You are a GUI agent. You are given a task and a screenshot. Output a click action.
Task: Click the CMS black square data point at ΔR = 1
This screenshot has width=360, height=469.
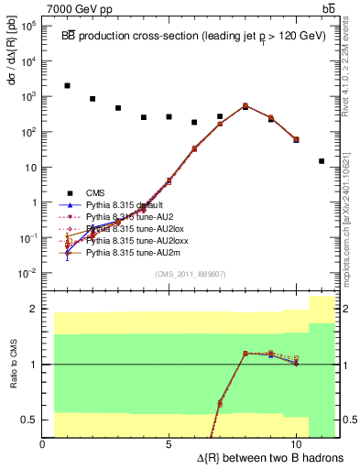pyautogui.click(x=68, y=86)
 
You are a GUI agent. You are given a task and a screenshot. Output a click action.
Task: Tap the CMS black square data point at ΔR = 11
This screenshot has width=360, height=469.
pyautogui.click(x=322, y=161)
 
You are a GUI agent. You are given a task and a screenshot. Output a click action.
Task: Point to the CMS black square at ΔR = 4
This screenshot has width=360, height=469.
pyautogui.click(x=144, y=117)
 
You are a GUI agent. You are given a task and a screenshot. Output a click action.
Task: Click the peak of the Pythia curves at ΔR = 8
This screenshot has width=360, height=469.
pyautogui.click(x=245, y=105)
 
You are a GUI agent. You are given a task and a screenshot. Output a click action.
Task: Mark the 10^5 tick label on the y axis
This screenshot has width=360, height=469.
pyautogui.click(x=27, y=26)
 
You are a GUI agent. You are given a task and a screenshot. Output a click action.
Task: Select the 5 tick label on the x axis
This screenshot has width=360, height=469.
pyautogui.click(x=169, y=442)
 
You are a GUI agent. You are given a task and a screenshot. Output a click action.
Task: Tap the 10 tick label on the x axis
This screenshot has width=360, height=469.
pyautogui.click(x=296, y=442)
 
